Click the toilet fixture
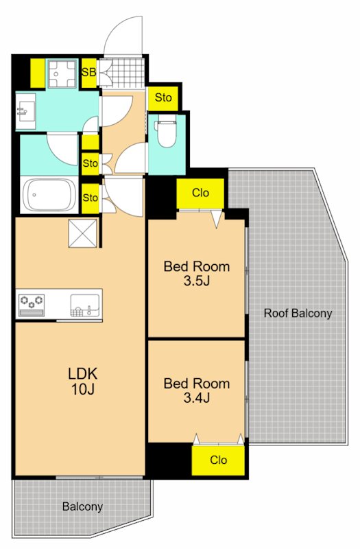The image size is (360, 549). tap(167, 133)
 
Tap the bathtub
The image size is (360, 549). tap(49, 195)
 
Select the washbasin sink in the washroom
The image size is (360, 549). tap(25, 111)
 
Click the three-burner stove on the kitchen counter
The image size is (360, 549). tap(32, 304)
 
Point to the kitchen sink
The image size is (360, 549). tap(85, 305)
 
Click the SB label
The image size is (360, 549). tap(89, 73)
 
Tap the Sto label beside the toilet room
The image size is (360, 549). tap(163, 97)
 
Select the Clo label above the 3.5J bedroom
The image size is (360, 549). tap(200, 193)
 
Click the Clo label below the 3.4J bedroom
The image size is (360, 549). tap(218, 460)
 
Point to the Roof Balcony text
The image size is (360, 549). tap(298, 313)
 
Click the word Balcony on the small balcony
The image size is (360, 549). tap(82, 506)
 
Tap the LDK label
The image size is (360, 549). tap(83, 374)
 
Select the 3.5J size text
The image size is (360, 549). tap(197, 281)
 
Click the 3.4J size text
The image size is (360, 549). tap(197, 398)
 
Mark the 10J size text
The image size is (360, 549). tap(83, 389)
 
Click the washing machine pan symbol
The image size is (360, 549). tap(62, 73)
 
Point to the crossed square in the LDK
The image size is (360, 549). tap(82, 233)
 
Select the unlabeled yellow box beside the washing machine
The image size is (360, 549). tap(38, 73)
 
